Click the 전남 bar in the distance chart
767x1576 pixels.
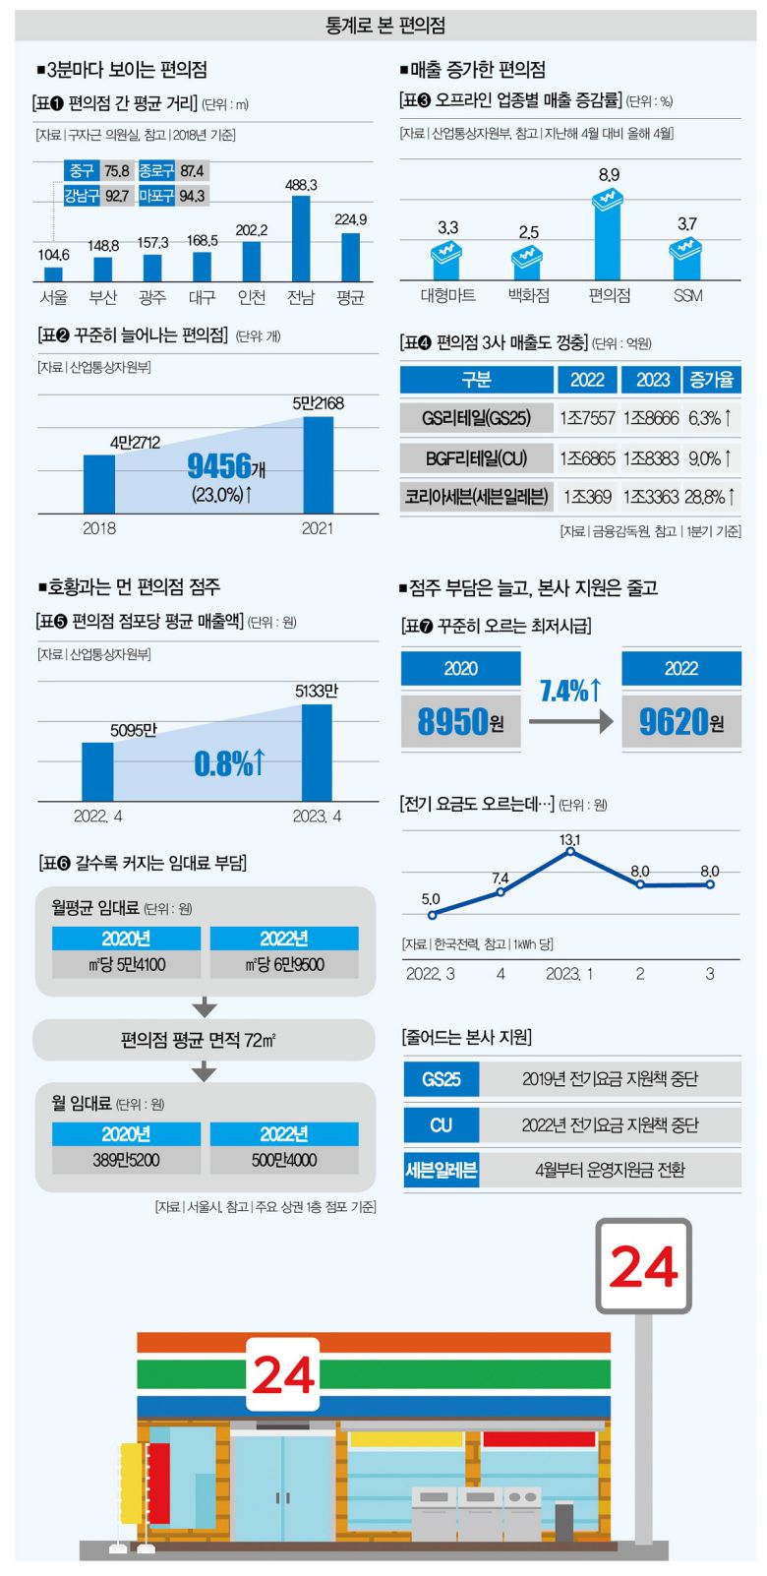coord(301,239)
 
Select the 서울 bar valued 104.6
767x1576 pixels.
coord(53,274)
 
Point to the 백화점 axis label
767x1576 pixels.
coord(528,295)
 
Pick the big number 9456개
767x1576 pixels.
coord(226,466)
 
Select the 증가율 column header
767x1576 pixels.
coord(711,380)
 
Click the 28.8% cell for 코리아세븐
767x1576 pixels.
coord(711,497)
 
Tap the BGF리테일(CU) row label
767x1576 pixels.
coord(476,457)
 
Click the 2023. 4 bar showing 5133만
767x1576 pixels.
coord(317,753)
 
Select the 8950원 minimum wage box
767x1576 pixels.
coord(460,722)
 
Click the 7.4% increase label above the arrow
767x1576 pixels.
coord(570,691)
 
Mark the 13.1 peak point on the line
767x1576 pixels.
coord(570,851)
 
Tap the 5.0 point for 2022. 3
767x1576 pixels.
coord(432,915)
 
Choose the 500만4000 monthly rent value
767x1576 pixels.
coord(284,1160)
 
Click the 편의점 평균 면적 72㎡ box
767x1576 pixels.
coord(205,1040)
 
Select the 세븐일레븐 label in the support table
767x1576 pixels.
coord(442,1171)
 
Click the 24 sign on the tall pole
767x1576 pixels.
coord(643,1267)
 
